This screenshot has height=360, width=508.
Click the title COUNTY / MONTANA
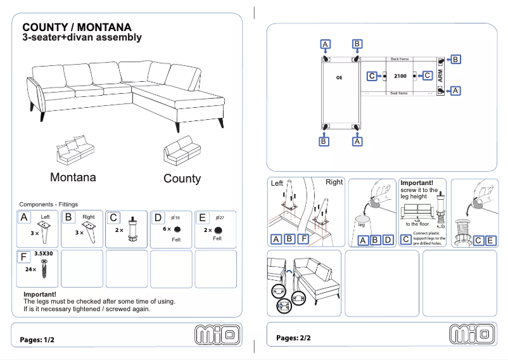77,27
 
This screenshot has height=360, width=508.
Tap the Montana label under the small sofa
73,177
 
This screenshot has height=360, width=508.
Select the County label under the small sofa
182,179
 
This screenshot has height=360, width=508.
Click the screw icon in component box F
44,269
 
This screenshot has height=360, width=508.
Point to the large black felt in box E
218,229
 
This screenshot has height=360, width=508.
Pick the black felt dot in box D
178,229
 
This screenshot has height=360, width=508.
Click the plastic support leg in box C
132,230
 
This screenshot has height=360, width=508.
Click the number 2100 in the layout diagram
400,76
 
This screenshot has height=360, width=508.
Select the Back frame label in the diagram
400,58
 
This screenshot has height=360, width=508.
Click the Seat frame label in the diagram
399,93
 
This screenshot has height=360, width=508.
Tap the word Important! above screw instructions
417,183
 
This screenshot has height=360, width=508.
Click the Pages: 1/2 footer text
37,340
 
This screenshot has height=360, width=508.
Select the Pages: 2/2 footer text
293,338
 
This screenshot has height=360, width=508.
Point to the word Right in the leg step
334,182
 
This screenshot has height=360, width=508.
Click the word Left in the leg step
277,183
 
